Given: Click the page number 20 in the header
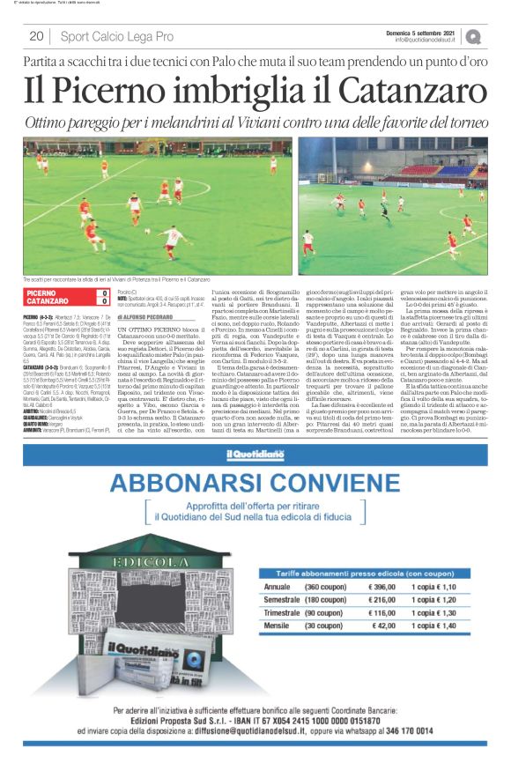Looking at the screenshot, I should click(x=36, y=36).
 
